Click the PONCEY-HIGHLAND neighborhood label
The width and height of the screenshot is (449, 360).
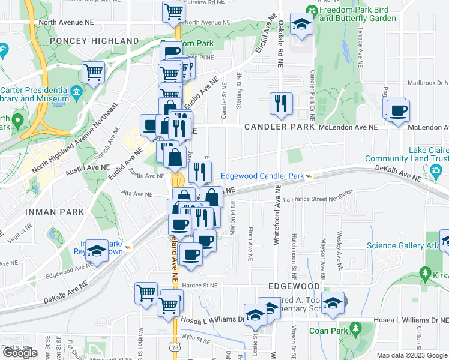[x=104, y=40]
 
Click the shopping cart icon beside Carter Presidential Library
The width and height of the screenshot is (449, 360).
[x=94, y=73]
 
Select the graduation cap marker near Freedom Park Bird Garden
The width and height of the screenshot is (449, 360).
[x=300, y=25]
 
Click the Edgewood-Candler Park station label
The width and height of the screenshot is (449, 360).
[x=262, y=176]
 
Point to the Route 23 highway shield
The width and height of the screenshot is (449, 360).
[x=174, y=346]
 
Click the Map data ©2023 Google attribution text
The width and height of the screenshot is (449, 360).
[x=412, y=355]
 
